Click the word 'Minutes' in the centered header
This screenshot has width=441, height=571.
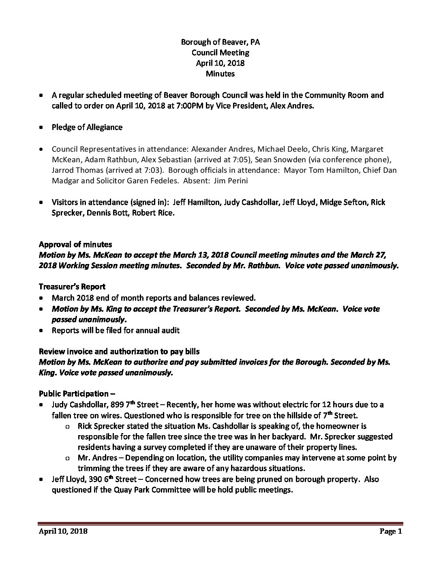point(220,74)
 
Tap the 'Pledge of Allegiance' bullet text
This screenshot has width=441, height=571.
point(87,127)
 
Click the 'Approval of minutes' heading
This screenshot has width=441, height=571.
point(75,245)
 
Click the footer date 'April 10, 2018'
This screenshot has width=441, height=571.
point(63,532)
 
